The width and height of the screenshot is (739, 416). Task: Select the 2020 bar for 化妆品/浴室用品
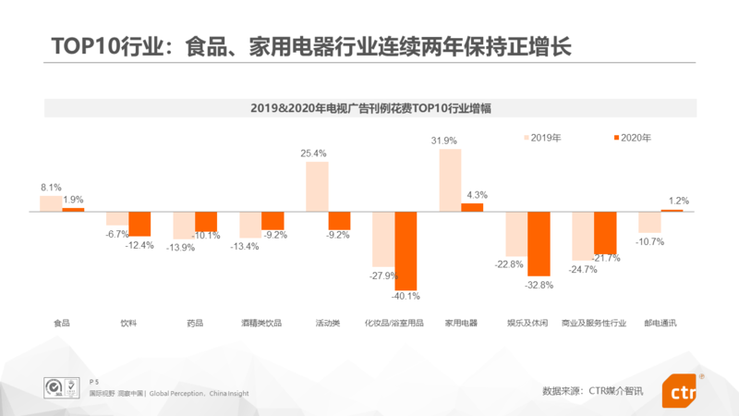(x=406, y=251)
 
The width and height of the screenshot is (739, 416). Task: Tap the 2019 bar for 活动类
(x=317, y=186)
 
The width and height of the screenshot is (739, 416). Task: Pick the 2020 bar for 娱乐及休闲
(x=539, y=243)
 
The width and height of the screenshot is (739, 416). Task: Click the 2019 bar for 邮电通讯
(x=649, y=222)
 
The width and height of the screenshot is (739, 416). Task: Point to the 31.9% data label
(x=446, y=141)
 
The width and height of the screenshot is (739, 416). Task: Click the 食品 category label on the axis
(x=62, y=324)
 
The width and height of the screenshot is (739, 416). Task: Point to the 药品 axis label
(x=195, y=324)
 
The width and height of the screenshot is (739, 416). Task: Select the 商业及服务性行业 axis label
(x=594, y=324)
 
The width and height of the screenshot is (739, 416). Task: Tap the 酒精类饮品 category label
(x=261, y=324)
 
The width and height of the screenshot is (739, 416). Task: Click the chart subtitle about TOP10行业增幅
(x=369, y=108)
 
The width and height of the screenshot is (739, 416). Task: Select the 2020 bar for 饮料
(x=139, y=224)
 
